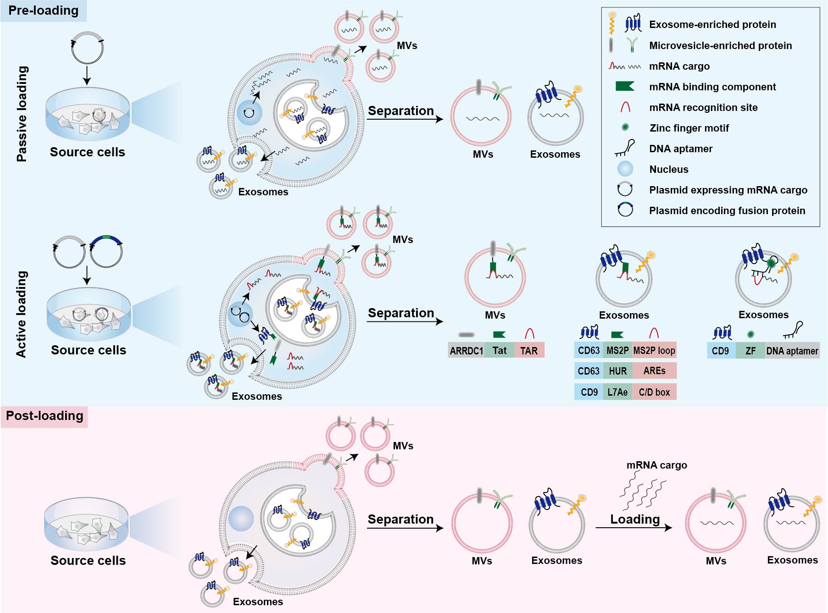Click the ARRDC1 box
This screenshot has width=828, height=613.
pyautogui.click(x=466, y=351)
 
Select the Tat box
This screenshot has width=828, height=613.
pyautogui.click(x=500, y=351)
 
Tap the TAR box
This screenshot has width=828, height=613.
pyautogui.click(x=529, y=351)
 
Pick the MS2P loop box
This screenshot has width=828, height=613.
pyautogui.click(x=654, y=350)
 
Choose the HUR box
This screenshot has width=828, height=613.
pyautogui.click(x=617, y=371)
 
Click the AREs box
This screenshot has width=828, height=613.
pyautogui.click(x=654, y=371)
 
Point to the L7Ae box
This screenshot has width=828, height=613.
pyautogui.click(x=617, y=392)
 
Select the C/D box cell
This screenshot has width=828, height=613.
pyautogui.click(x=654, y=392)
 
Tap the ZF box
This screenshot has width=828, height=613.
pyautogui.click(x=750, y=351)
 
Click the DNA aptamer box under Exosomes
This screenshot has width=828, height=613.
pyautogui.click(x=792, y=351)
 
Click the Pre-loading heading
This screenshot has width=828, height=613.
pyautogui.click(x=44, y=11)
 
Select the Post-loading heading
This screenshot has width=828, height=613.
pyautogui.click(x=44, y=416)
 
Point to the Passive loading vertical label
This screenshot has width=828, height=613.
pyautogui.click(x=22, y=114)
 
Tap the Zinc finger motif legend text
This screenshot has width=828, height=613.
pyautogui.click(x=689, y=128)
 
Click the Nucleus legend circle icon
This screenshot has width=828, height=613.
pyautogui.click(x=625, y=169)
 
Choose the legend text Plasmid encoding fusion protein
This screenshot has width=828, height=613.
pyautogui.click(x=727, y=211)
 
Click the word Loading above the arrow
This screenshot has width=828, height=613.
pyautogui.click(x=635, y=519)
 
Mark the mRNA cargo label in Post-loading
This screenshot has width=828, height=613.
pyautogui.click(x=656, y=465)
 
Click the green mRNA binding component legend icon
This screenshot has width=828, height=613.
pyautogui.click(x=625, y=87)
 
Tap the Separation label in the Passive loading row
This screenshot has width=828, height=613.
pyautogui.click(x=401, y=111)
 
